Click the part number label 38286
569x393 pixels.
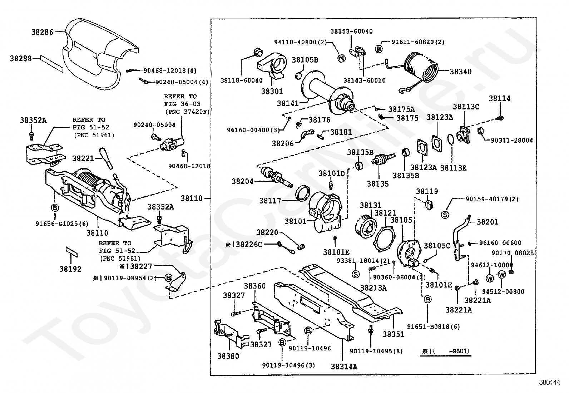(x=42, y=32)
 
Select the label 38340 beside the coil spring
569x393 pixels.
(x=460, y=72)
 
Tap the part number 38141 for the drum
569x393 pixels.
(x=288, y=103)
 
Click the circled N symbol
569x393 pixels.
(x=341, y=59)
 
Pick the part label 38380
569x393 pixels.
(x=228, y=356)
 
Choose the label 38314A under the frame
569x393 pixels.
(x=344, y=366)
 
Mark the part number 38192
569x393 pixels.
(x=70, y=269)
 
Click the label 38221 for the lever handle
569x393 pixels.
(x=83, y=158)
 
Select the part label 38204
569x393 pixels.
(x=242, y=181)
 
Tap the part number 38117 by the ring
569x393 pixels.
(x=270, y=201)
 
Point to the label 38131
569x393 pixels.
(x=371, y=205)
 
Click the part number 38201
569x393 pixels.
(x=488, y=222)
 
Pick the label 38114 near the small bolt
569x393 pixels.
(x=500, y=98)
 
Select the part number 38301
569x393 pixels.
(x=272, y=91)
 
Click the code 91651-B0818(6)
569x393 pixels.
(x=434, y=326)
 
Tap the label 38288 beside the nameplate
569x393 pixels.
(x=21, y=58)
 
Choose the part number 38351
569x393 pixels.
(x=393, y=334)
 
